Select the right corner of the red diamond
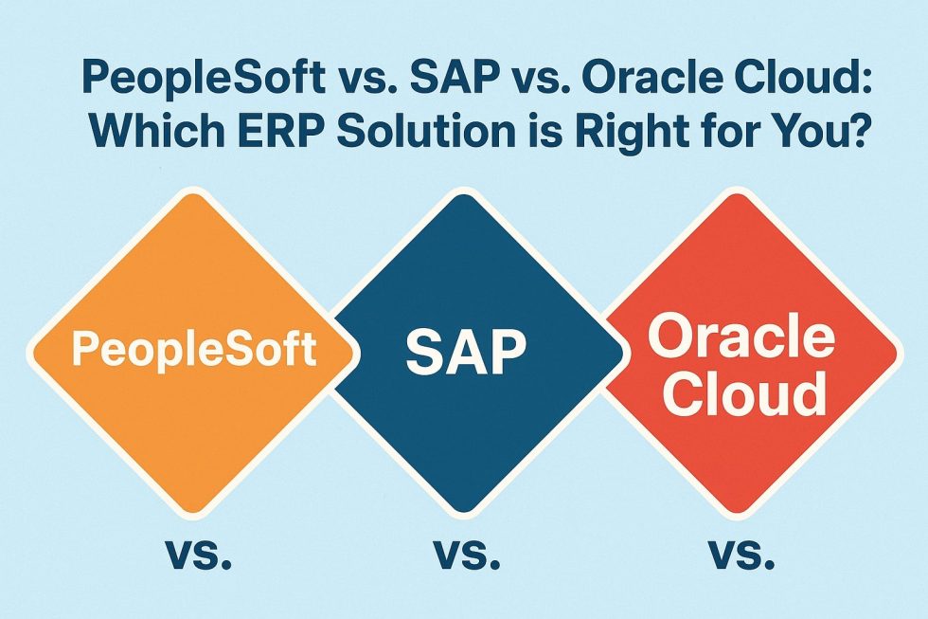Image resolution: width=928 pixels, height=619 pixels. [x=894, y=352]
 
